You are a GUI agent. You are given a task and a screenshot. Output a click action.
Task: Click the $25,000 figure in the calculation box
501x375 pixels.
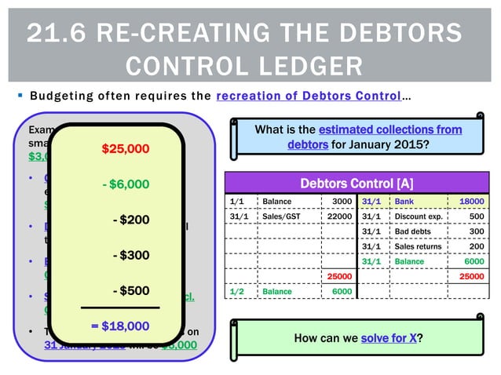(125, 148)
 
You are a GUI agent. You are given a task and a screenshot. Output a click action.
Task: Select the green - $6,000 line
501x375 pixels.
(125, 184)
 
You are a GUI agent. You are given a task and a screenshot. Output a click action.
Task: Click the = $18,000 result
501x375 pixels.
(119, 326)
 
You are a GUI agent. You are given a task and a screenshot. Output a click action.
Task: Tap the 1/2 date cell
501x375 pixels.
(236, 291)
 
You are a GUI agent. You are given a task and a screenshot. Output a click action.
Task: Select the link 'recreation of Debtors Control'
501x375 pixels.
(307, 96)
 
